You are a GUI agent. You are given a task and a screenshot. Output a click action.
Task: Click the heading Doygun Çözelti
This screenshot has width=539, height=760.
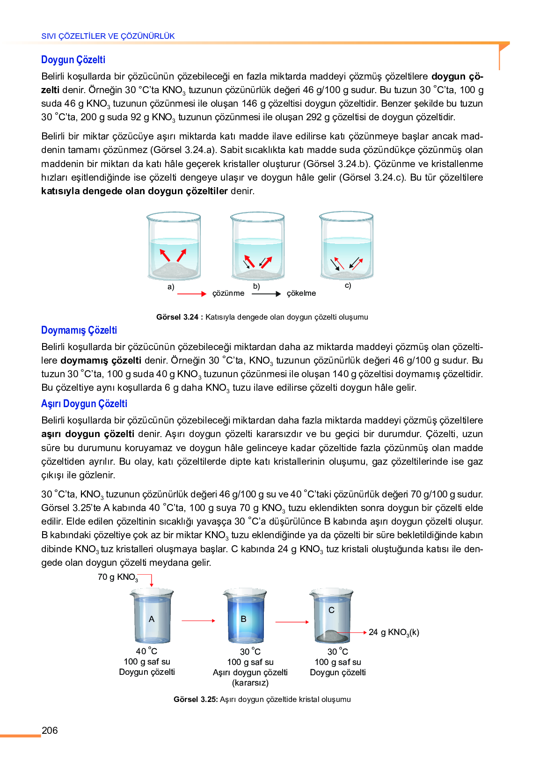[73, 60]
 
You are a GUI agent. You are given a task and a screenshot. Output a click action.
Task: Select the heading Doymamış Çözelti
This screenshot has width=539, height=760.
[79, 330]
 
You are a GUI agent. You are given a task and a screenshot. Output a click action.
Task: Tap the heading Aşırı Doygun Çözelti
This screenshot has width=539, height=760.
[84, 404]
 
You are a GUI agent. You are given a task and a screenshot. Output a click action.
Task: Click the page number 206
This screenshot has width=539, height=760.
[50, 731]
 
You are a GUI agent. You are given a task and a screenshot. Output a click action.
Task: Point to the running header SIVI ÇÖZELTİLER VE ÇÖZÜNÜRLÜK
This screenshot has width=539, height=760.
[108, 36]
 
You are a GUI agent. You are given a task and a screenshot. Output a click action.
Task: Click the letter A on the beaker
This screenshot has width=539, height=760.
[152, 619]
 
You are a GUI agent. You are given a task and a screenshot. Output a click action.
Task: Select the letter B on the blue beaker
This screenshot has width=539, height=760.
[243, 619]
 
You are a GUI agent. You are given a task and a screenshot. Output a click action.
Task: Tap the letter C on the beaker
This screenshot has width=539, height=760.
[331, 610]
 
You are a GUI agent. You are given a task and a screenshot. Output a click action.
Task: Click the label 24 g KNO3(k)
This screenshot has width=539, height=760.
[393, 633]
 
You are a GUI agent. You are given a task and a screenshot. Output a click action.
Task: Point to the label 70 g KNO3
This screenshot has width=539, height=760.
[117, 577]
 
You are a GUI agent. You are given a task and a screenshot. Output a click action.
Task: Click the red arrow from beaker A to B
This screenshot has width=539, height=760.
[198, 621]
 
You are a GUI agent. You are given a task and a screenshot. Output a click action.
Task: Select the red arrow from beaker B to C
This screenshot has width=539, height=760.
[292, 622]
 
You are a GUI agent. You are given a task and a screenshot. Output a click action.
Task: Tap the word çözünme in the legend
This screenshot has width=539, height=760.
[228, 293]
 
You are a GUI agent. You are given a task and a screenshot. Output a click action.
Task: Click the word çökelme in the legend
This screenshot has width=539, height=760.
[301, 293]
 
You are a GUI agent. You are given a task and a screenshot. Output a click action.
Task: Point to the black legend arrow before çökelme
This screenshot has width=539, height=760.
[266, 294]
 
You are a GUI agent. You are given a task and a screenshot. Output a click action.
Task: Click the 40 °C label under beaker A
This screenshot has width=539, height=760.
[146, 651]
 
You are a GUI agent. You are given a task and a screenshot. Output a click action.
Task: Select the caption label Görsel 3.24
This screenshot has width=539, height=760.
[177, 317]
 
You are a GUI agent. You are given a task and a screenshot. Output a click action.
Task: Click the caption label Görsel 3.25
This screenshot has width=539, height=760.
[195, 700]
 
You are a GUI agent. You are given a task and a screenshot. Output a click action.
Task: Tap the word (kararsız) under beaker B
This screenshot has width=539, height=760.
[250, 683]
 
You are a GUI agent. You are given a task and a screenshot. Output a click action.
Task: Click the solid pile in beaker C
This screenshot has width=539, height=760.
[332, 636]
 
